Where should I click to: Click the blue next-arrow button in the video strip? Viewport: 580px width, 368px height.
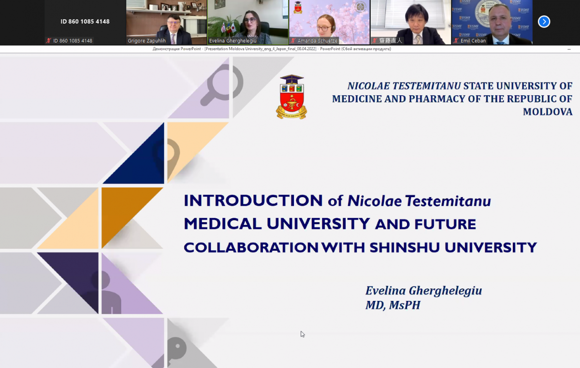[x=544, y=22]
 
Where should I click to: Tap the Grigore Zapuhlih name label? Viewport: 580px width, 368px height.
[x=146, y=41]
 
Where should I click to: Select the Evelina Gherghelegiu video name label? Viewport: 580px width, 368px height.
[x=233, y=41]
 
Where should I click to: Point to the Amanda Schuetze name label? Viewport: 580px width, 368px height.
[x=318, y=41]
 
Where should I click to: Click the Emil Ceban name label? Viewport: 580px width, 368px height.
[x=473, y=41]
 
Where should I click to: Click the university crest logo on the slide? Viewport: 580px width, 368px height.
[x=291, y=97]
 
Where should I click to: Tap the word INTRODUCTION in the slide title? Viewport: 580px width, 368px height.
[x=253, y=200]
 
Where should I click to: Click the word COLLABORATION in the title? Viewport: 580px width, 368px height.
[x=251, y=248]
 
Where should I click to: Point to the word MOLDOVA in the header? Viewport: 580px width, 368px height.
[x=548, y=112]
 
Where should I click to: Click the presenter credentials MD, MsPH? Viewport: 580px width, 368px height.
[x=392, y=305]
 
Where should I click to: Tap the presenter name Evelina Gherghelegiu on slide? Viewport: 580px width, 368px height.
[x=423, y=291]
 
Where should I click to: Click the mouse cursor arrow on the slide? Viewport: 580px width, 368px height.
[x=303, y=334]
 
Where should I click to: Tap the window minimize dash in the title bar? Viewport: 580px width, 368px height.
[x=569, y=49]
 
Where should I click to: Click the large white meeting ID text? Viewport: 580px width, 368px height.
[x=85, y=22]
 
